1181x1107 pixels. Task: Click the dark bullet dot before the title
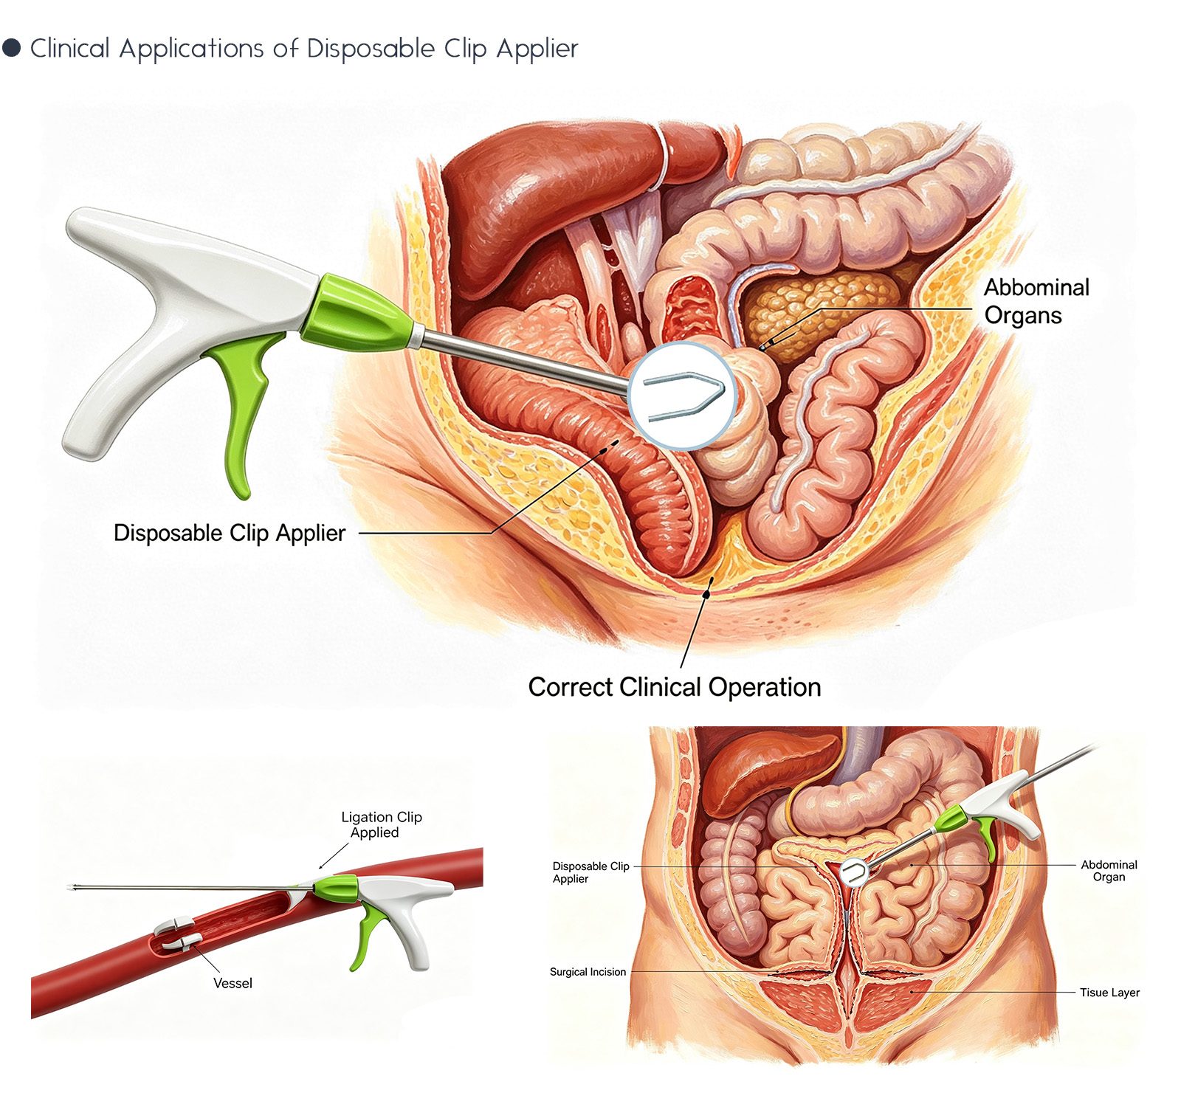coord(11,48)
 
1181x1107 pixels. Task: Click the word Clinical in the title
coord(70,48)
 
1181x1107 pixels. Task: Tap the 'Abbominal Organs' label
coord(1036,301)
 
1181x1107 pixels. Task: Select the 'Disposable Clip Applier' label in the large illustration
coord(229,533)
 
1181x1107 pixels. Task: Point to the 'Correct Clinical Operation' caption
coord(675,687)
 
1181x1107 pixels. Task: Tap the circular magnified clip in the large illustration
coord(682,396)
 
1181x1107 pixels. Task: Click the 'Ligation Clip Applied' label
coord(381,824)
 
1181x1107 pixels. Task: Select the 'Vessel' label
coord(233,983)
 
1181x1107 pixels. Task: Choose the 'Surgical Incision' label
coord(588,972)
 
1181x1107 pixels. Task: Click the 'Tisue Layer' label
coord(1109,993)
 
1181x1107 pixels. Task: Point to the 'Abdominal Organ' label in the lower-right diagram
coord(1109,871)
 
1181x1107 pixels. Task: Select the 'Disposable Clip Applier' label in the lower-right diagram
coord(590,872)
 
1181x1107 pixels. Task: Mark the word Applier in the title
coord(537,49)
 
